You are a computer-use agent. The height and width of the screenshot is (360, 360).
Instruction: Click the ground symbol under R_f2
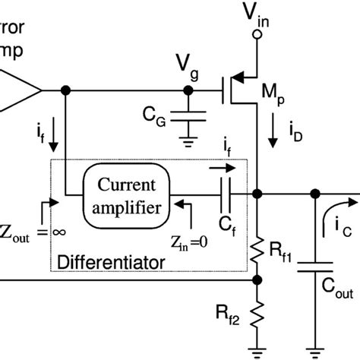(x=259, y=351)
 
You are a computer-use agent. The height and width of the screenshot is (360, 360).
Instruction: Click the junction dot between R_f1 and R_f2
(x=259, y=279)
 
